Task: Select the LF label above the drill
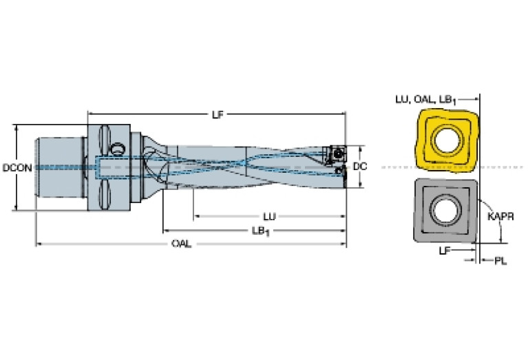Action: [217, 114]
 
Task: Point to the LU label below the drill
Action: [271, 216]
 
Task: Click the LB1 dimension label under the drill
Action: [261, 231]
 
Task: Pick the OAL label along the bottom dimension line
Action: [182, 244]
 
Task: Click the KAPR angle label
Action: [501, 215]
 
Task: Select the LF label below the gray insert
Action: [445, 252]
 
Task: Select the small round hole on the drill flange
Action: [118, 147]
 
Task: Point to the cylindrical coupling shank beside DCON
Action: [59, 167]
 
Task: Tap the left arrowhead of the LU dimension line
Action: [196, 216]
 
